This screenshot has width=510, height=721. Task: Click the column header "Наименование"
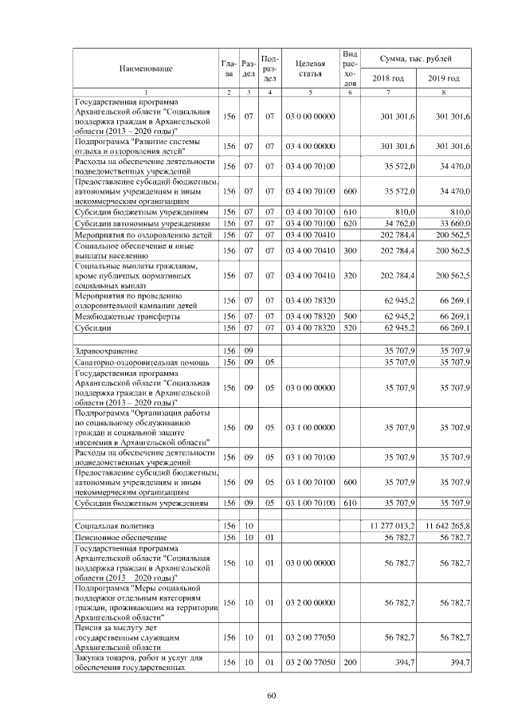pyautogui.click(x=146, y=69)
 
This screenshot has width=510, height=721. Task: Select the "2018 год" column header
pyautogui.click(x=388, y=78)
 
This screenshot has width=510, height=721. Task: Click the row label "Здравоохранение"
pyautogui.click(x=106, y=351)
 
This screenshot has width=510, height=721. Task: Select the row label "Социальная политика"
pyautogui.click(x=115, y=527)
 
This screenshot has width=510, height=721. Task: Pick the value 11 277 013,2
pyautogui.click(x=387, y=527)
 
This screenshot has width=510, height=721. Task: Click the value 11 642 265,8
pyautogui.click(x=443, y=527)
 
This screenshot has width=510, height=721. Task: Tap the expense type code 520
pyautogui.click(x=349, y=328)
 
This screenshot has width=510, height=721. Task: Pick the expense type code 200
pyautogui.click(x=349, y=663)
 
